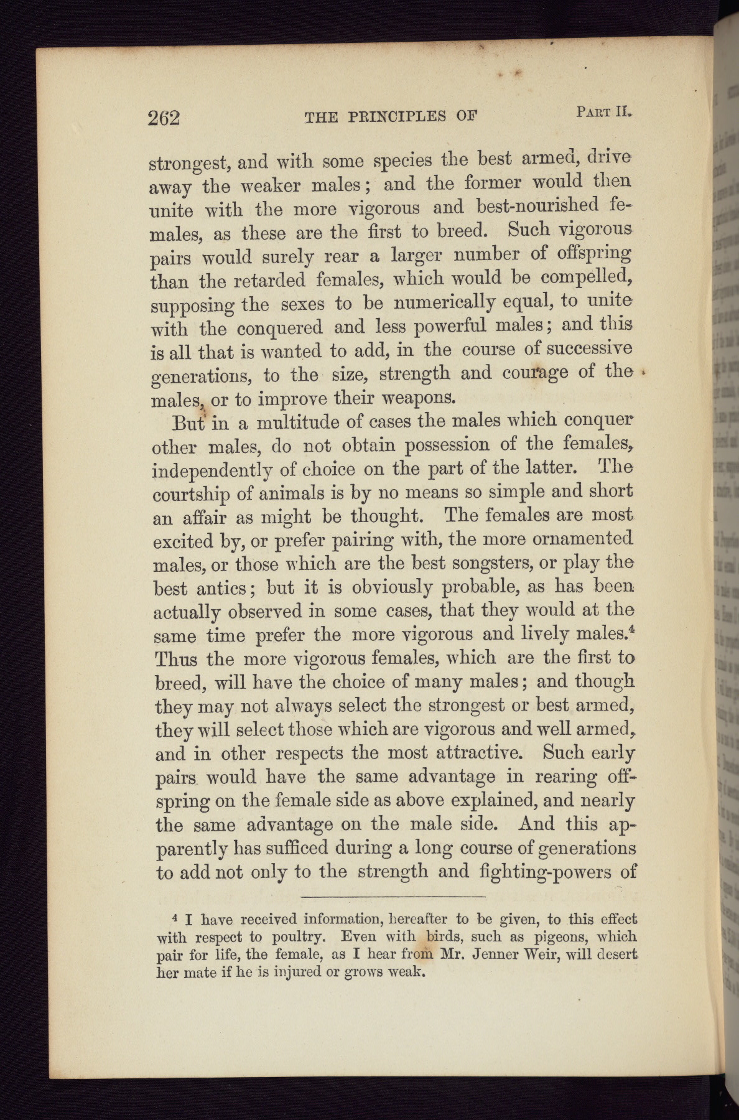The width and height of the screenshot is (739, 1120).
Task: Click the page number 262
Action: tap(164, 118)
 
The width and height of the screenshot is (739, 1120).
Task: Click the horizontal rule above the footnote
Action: tap(393, 897)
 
